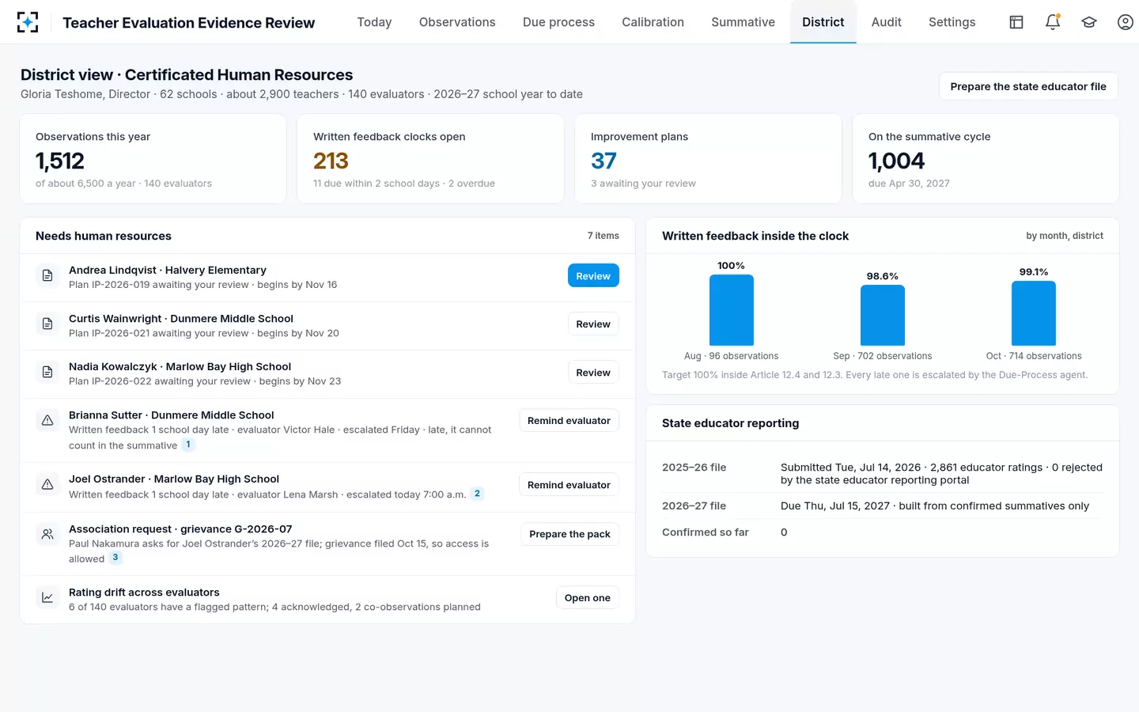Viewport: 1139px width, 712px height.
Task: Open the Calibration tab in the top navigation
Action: click(x=653, y=22)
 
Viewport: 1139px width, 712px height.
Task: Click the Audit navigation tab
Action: click(x=886, y=22)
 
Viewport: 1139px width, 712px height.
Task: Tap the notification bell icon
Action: click(x=1053, y=22)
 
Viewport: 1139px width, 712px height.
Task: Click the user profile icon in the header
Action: click(x=1125, y=22)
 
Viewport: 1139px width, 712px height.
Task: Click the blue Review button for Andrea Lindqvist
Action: click(x=593, y=275)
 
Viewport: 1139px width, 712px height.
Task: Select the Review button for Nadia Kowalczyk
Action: click(x=593, y=373)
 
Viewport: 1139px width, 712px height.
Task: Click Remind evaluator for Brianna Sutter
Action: click(x=569, y=421)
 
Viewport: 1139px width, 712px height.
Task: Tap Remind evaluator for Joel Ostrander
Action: click(x=569, y=485)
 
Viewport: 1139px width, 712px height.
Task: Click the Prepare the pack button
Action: click(x=569, y=534)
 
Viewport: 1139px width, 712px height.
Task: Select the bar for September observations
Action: click(x=882, y=316)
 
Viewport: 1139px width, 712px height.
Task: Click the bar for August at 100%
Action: click(x=731, y=310)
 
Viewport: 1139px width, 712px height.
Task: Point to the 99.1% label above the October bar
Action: click(x=1033, y=271)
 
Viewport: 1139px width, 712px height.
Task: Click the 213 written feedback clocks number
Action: click(x=331, y=161)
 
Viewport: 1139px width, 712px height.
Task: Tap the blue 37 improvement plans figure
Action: click(x=604, y=161)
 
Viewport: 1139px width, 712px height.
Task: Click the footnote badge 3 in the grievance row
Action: click(x=115, y=558)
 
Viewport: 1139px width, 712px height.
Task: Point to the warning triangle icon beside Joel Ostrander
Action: click(x=47, y=484)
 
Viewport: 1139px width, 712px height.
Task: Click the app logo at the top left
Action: click(x=28, y=22)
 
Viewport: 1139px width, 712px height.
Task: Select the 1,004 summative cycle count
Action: click(x=896, y=161)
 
